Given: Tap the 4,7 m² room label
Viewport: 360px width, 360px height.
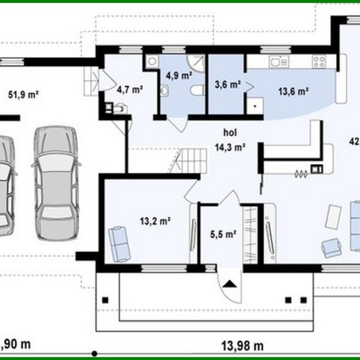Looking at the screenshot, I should point(129,90).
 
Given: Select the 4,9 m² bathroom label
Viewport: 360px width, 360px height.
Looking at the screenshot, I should point(178,76).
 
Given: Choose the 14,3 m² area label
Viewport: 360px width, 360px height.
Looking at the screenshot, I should point(230,146).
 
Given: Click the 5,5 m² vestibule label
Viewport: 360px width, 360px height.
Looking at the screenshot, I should point(221,234).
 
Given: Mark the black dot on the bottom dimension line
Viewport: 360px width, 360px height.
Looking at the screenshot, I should point(94,353).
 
